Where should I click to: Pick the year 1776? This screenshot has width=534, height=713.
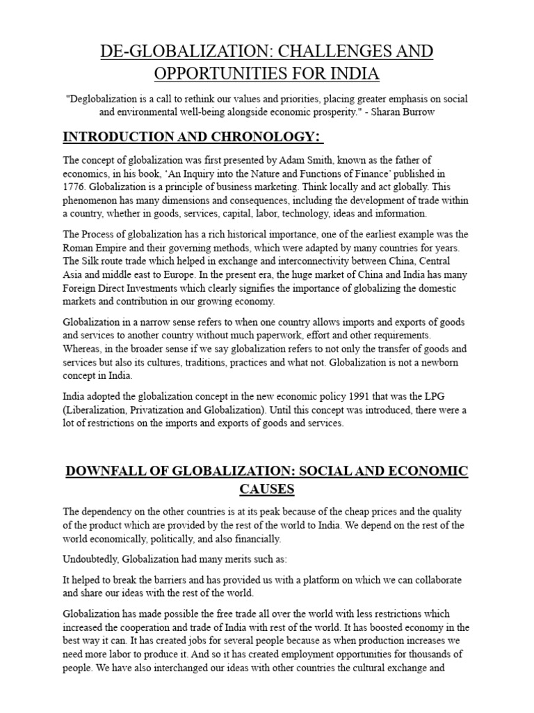(76, 186)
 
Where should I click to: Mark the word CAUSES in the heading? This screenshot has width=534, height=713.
(267, 489)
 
